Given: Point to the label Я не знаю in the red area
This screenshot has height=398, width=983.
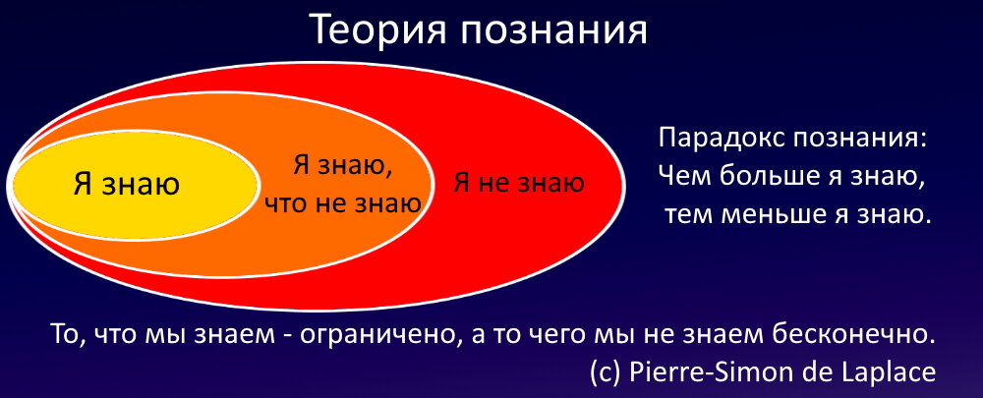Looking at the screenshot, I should (518, 182).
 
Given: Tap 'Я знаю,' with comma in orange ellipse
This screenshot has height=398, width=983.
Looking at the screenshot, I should (342, 165).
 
